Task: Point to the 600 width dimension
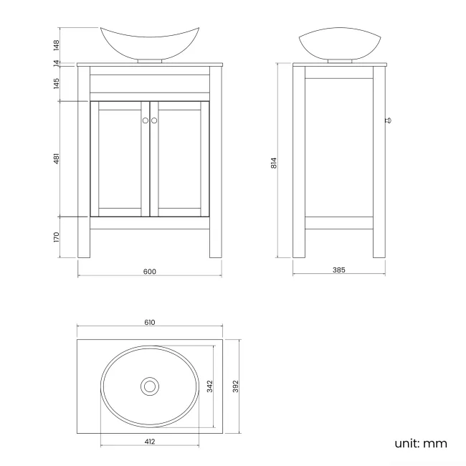pyautogui.click(x=149, y=271)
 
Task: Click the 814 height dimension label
pyautogui.click(x=274, y=162)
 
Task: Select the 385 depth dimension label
pyautogui.click(x=339, y=270)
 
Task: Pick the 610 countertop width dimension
pyautogui.click(x=149, y=323)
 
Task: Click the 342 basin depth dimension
pyautogui.click(x=209, y=386)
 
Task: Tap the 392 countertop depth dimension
pyautogui.click(x=235, y=386)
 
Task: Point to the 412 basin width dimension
pyautogui.click(x=149, y=442)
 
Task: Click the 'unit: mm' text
pyautogui.click(x=420, y=443)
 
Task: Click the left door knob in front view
pyautogui.click(x=145, y=120)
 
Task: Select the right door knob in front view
pyautogui.click(x=154, y=120)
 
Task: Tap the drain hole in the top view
pyautogui.click(x=150, y=386)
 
